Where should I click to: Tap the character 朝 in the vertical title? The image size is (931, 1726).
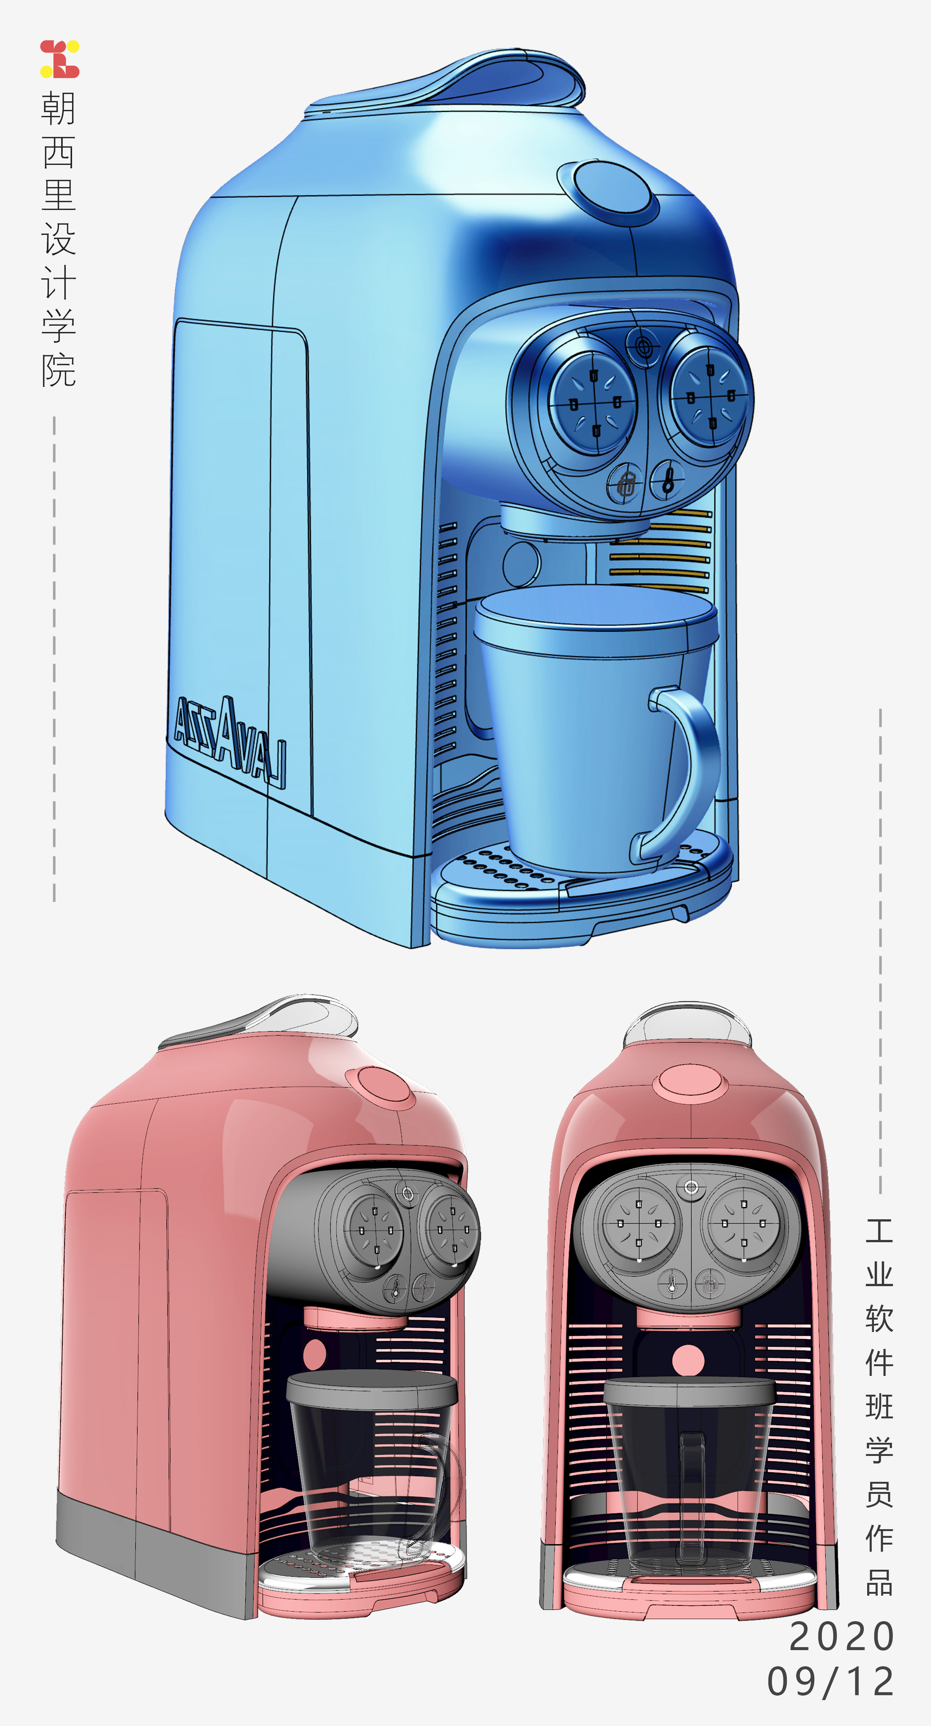click(x=58, y=109)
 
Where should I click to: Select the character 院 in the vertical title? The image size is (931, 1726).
click(x=58, y=370)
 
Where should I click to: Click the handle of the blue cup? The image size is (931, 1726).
click(x=690, y=770)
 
